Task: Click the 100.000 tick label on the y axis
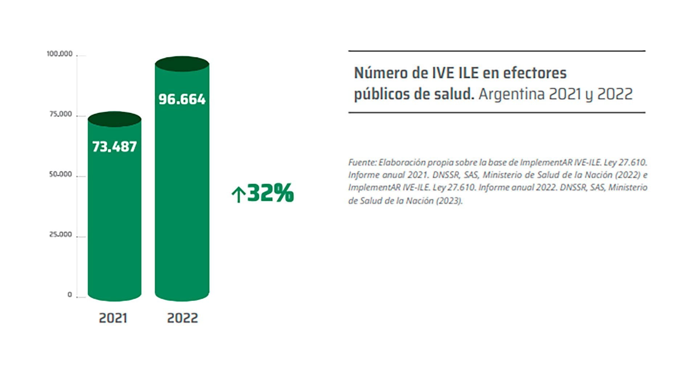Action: click(60, 54)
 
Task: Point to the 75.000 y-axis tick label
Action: click(61, 115)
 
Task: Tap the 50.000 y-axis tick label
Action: click(61, 175)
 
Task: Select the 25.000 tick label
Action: click(61, 234)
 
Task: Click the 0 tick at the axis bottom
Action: click(70, 295)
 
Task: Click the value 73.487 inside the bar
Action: click(114, 147)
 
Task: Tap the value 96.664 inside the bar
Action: click(182, 99)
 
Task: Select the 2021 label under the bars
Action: click(113, 318)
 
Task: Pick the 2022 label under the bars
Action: click(182, 318)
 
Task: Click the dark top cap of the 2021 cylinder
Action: click(114, 119)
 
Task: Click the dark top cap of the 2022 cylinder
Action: click(182, 64)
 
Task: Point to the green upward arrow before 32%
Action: click(238, 194)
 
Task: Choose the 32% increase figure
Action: click(270, 193)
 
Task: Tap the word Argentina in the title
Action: click(511, 94)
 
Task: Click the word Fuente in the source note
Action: click(362, 163)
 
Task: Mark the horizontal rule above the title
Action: click(497, 51)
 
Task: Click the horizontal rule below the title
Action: click(497, 113)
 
